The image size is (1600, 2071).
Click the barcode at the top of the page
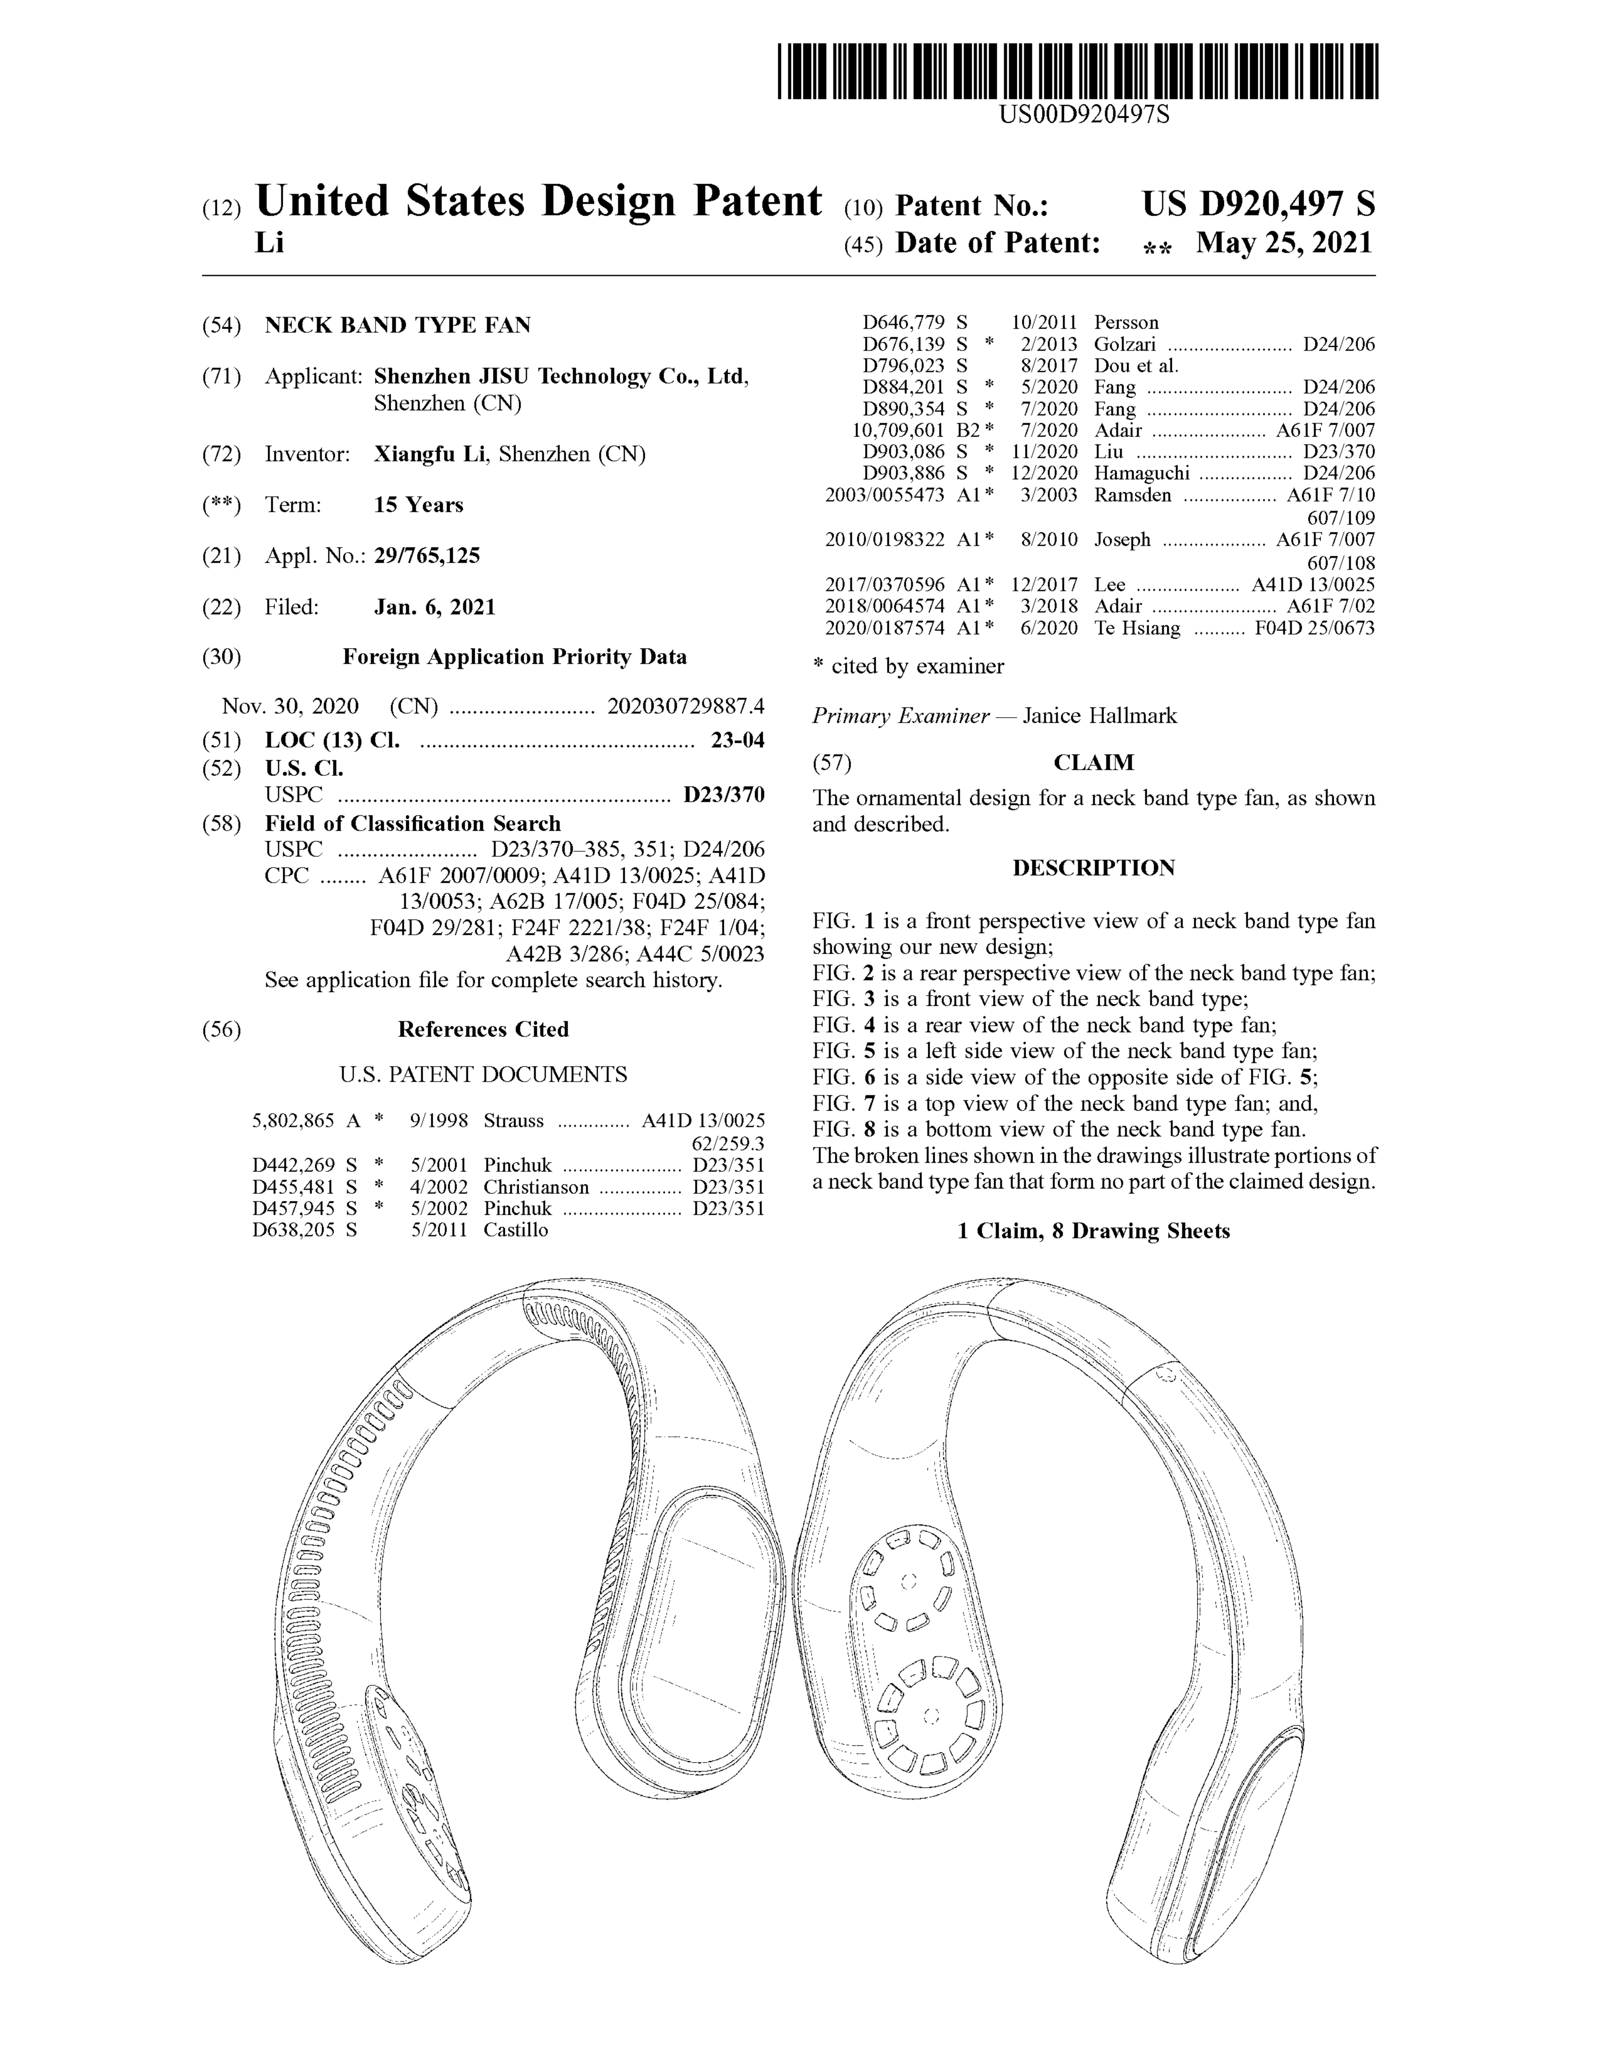tap(1078, 71)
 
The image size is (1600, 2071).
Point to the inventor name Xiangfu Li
tap(429, 454)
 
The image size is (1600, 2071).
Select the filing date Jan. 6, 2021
tap(434, 607)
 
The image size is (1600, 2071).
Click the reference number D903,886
tap(903, 473)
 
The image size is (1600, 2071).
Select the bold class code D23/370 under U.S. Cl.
tap(723, 795)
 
